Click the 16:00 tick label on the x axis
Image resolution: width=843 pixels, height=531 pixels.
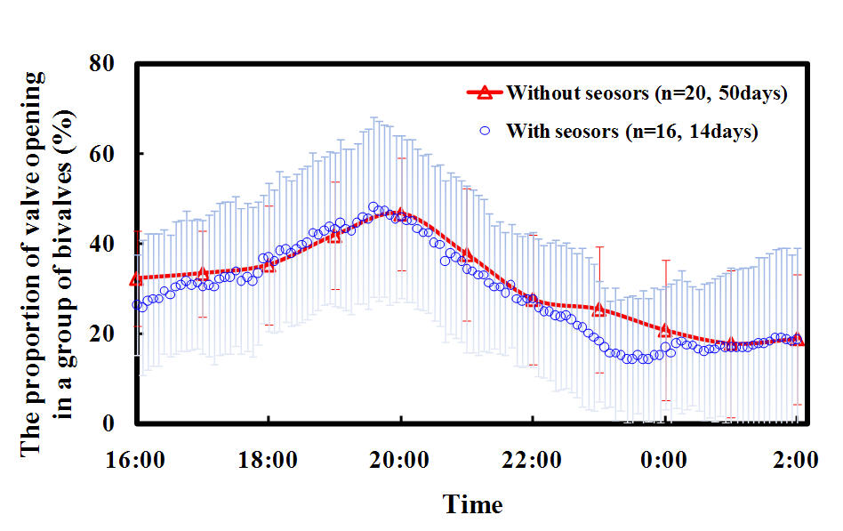(x=135, y=461)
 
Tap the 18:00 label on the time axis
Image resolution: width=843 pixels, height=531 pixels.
(x=268, y=461)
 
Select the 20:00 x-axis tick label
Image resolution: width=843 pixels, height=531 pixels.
(x=399, y=461)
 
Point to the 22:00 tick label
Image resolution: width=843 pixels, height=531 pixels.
(x=532, y=461)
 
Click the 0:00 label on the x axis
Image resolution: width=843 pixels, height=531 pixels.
(x=664, y=461)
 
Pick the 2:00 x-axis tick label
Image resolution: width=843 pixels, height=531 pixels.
(x=795, y=461)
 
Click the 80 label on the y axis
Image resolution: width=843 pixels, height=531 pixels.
(x=102, y=63)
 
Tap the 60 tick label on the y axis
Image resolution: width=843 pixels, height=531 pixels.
(x=102, y=154)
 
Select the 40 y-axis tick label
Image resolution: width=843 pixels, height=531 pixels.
(x=102, y=244)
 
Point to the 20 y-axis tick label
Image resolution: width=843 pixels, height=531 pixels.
(x=102, y=334)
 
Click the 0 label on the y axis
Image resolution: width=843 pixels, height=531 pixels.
(x=108, y=423)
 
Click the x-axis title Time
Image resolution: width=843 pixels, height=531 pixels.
(x=472, y=504)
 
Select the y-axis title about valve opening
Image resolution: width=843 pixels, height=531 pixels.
(x=47, y=263)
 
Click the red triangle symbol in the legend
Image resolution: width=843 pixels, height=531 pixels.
(x=485, y=93)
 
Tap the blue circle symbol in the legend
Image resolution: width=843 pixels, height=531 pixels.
(x=485, y=130)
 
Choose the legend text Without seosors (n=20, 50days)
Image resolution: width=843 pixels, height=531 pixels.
(x=646, y=93)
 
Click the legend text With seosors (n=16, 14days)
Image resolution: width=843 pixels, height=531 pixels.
(x=632, y=131)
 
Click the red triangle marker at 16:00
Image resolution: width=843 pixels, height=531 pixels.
(x=137, y=278)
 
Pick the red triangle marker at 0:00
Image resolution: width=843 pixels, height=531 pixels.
(x=665, y=330)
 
